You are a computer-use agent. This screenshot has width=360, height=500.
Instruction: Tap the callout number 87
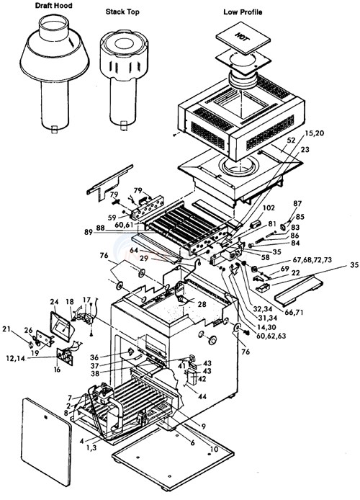click(x=298, y=204)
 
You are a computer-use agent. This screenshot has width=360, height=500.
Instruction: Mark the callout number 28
click(x=202, y=305)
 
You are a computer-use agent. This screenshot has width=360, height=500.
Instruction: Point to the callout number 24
click(x=53, y=301)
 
